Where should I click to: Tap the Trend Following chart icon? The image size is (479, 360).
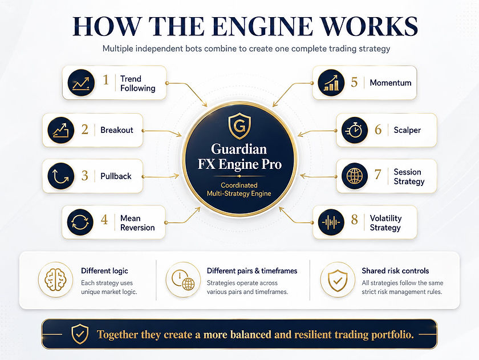[x=81, y=83]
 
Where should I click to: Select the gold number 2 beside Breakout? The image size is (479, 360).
[x=84, y=130]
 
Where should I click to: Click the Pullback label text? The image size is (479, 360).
[x=116, y=176]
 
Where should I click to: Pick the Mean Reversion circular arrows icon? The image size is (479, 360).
[x=80, y=222]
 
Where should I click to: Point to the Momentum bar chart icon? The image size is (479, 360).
[x=331, y=83]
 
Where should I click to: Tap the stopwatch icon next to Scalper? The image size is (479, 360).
[x=354, y=130]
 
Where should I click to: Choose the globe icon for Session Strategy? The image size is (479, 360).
[x=354, y=176]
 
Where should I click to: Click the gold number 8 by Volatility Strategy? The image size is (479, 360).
[x=354, y=220]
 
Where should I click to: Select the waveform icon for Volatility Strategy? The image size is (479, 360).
[x=331, y=222]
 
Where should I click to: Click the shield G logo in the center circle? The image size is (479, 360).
[x=239, y=126]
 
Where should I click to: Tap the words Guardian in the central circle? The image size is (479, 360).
[x=239, y=149]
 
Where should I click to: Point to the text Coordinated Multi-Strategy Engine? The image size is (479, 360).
[x=239, y=189]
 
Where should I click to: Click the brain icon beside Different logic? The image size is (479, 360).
[x=56, y=280]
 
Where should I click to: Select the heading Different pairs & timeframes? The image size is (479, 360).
[x=252, y=271]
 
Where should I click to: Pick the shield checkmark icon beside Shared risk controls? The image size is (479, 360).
[x=337, y=280]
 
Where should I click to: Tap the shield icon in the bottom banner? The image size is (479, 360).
[x=80, y=334]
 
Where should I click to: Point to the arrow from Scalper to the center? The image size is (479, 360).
[x=317, y=132]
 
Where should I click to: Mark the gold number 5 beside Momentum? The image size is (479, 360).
[x=354, y=82]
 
